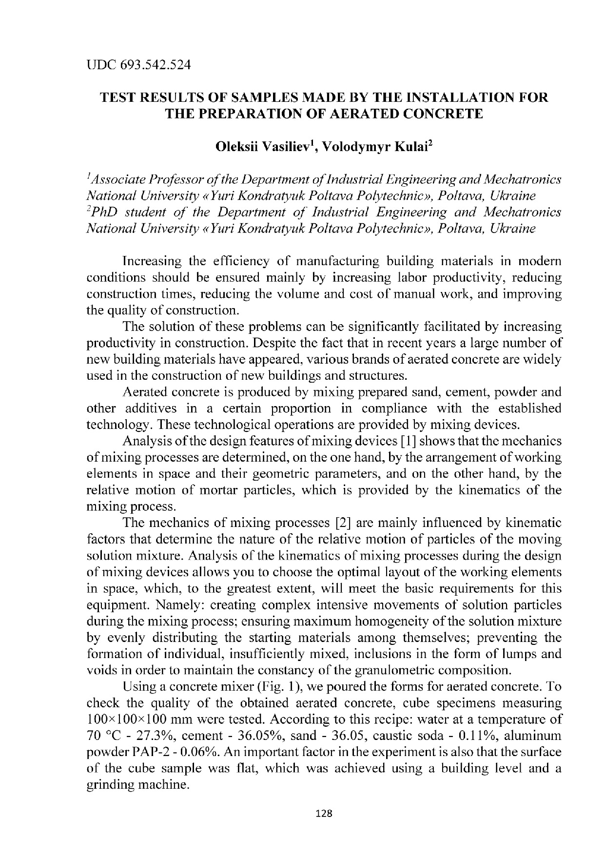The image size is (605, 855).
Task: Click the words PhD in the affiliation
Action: tap(103, 213)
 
